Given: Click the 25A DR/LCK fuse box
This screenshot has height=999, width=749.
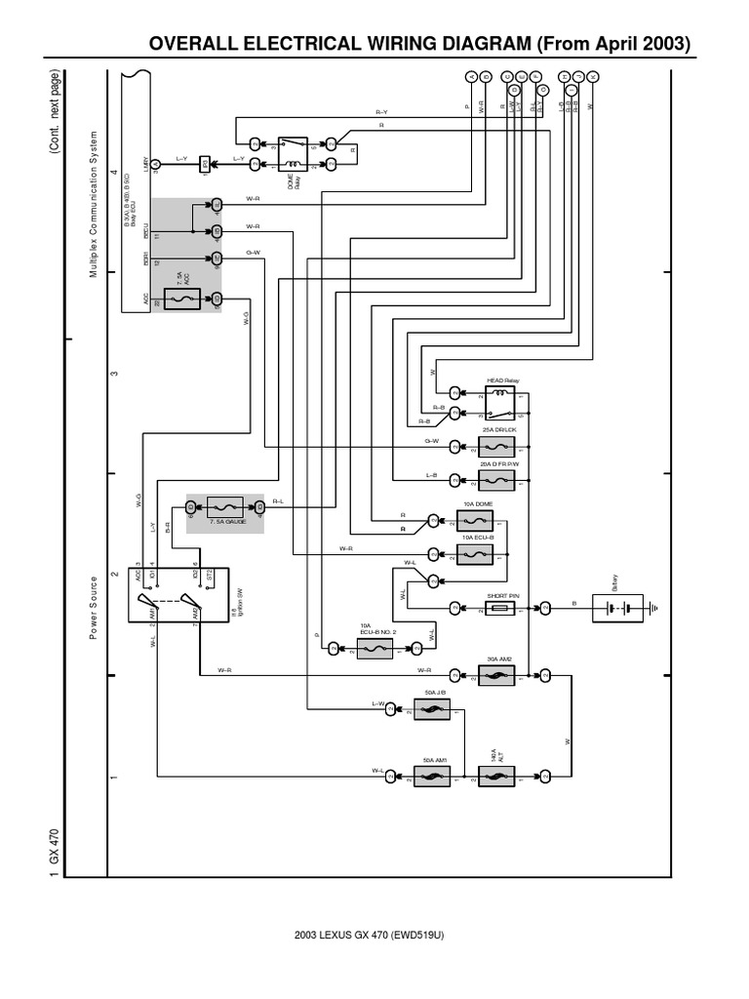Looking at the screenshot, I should click(x=499, y=449).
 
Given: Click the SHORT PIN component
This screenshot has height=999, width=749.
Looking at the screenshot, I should click(x=499, y=608).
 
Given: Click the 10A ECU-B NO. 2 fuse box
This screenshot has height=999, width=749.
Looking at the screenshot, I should click(x=374, y=647).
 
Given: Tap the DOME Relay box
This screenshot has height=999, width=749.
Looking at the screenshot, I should click(x=293, y=152).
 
